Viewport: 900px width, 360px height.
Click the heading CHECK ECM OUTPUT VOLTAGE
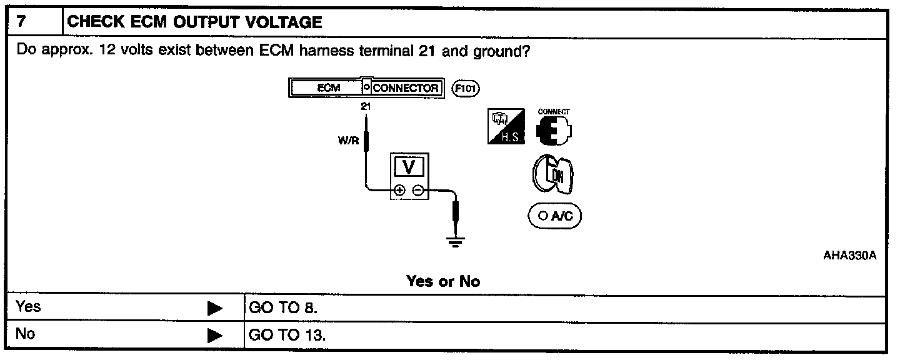point(194,23)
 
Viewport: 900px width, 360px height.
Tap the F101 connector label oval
point(465,88)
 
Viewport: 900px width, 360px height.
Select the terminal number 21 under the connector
point(366,107)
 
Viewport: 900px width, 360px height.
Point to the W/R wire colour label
point(349,141)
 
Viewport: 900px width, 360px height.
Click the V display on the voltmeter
point(409,167)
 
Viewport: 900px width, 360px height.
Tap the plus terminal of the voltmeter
point(400,191)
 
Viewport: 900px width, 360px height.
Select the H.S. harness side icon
point(507,127)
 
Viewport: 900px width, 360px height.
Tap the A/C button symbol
point(555,216)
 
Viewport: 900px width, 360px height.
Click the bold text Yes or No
point(443,281)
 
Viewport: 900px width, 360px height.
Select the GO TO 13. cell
point(287,335)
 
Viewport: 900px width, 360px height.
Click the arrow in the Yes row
point(215,308)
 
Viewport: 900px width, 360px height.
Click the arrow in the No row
point(215,336)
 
